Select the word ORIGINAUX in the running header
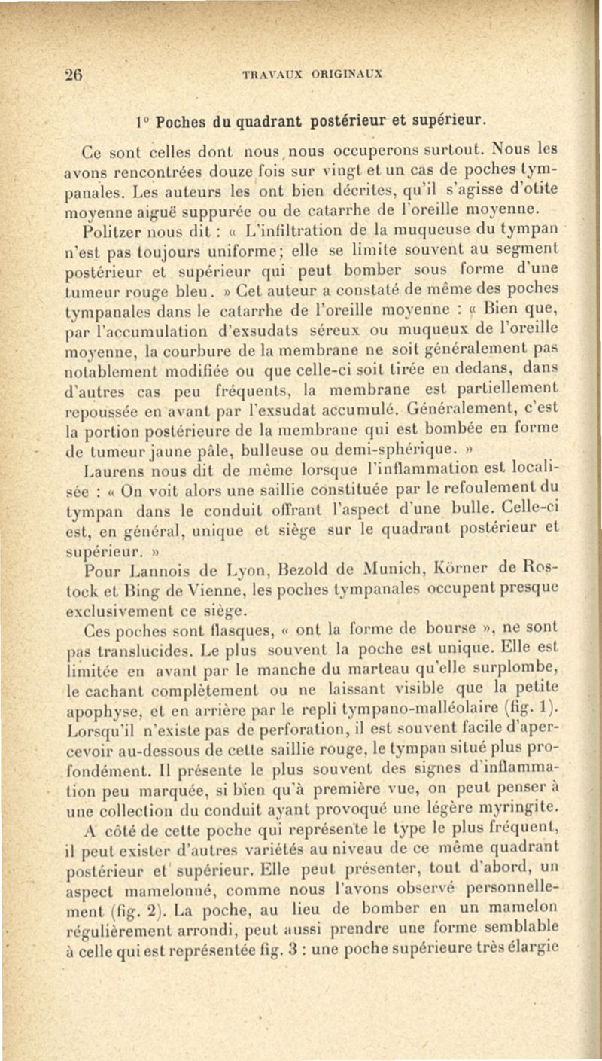click(x=342, y=75)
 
